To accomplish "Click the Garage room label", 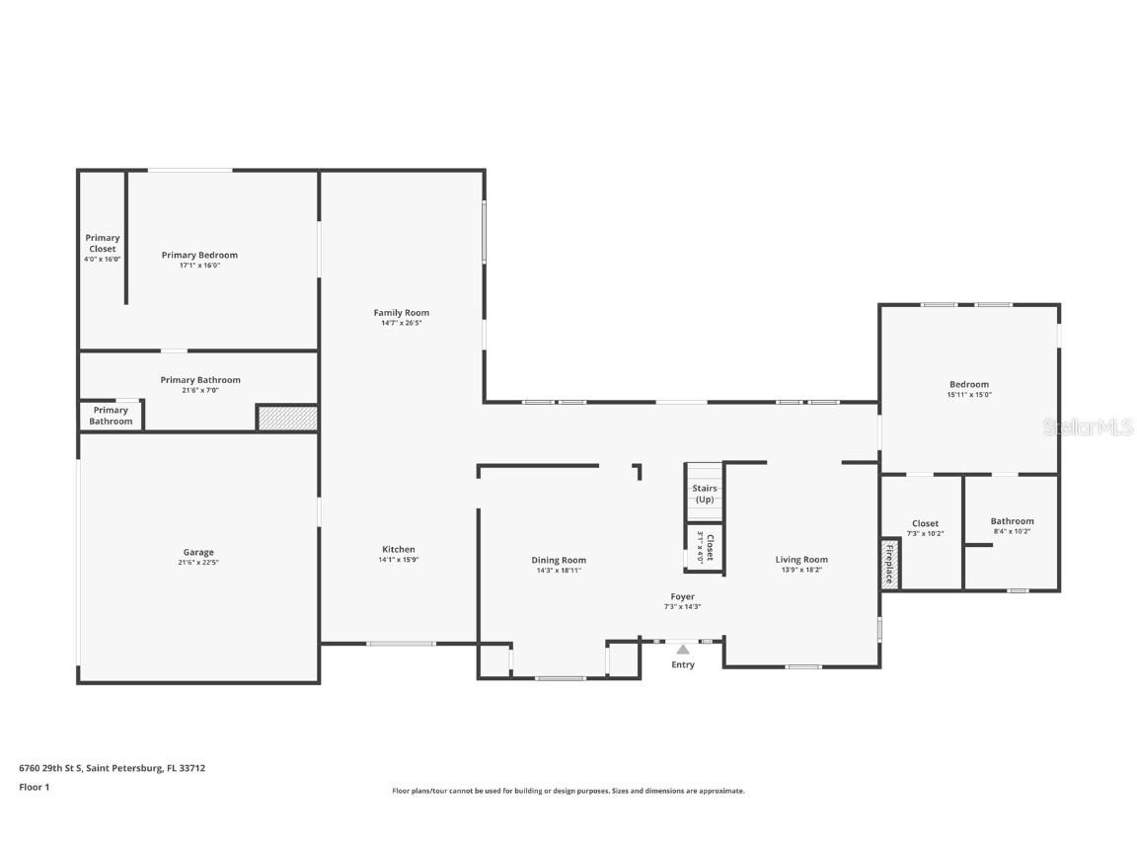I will tap(198, 553).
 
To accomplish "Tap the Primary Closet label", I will tap(103, 243).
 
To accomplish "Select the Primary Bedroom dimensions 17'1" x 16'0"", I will tap(199, 266).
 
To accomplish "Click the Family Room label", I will tap(401, 313).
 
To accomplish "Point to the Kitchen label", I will tap(399, 549).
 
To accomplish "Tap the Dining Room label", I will tap(559, 560).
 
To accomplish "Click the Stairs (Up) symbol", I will tap(705, 492).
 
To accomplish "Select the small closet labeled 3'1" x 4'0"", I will tap(705, 547).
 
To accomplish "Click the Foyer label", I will tap(682, 596).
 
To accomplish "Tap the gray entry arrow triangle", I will tap(683, 649).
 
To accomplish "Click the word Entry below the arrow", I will tap(683, 664).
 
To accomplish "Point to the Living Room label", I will tap(801, 560).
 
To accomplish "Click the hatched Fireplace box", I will tap(889, 564).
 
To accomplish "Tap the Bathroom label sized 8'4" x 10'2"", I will tap(1012, 521).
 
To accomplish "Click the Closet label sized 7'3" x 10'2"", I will tap(925, 523).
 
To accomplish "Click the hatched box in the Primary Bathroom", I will tap(287, 418).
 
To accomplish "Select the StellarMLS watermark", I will tap(1090, 427).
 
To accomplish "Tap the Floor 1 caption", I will tap(34, 787).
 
